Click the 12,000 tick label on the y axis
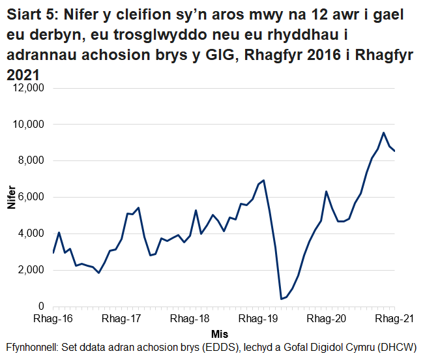click(x=27, y=87)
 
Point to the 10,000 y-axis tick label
click(x=27, y=124)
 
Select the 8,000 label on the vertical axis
click(x=30, y=160)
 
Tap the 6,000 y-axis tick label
click(x=30, y=197)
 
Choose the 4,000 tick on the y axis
click(x=30, y=233)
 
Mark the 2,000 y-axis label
click(x=30, y=270)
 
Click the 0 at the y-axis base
click(x=40, y=307)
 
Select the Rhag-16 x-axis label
click(x=53, y=320)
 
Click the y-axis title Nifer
click(x=11, y=197)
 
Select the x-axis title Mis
click(x=220, y=334)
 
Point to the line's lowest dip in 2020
click(x=281, y=299)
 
